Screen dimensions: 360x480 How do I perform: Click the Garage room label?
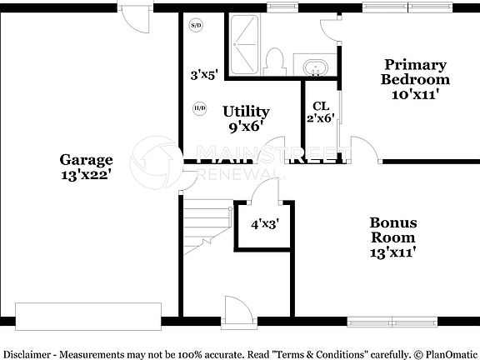coord(86,160)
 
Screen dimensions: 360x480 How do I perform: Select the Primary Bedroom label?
coord(415,72)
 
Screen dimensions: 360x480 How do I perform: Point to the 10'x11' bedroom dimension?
coord(415,95)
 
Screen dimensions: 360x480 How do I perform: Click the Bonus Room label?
coord(393,230)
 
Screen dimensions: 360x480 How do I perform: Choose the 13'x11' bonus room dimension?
coord(393,251)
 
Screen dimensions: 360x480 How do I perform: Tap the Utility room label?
coord(245,111)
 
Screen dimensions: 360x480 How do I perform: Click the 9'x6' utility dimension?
coord(245,127)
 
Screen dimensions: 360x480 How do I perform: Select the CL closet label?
coord(320,106)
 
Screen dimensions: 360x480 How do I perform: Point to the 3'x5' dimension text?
coord(203,74)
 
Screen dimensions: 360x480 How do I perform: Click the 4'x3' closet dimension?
coord(264,223)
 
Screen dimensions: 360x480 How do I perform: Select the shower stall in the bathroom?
coord(246,46)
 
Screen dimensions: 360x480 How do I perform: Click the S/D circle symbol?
coord(197,26)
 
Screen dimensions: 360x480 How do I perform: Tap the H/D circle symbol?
coord(199,108)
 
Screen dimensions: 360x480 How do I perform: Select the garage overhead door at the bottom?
coord(88,316)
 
